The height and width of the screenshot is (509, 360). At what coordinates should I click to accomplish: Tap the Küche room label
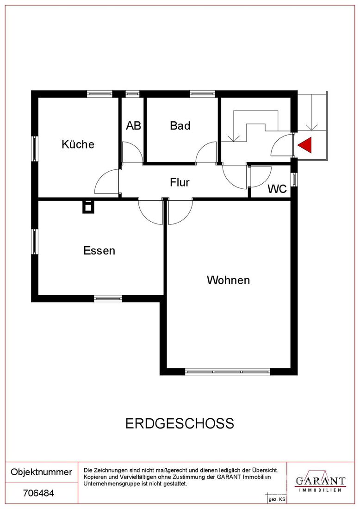pos(78,144)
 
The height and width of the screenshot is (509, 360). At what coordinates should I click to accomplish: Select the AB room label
pos(133,125)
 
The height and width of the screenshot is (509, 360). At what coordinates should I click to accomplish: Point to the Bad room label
pos(180,125)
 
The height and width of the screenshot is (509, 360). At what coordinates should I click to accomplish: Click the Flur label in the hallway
pos(180,182)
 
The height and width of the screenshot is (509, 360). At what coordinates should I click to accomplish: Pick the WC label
pos(277,189)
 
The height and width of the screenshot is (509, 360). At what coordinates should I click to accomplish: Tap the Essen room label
pos(99,251)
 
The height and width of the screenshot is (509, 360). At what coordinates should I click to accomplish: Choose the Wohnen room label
pos(229,280)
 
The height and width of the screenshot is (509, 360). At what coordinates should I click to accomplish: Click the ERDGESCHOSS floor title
pos(180,423)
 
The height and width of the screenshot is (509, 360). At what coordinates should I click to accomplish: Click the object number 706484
pos(38,493)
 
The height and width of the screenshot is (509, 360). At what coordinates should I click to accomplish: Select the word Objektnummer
pos(42,472)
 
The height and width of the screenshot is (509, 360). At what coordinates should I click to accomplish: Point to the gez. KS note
pos(277,499)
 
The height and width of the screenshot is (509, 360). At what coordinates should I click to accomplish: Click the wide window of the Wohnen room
pos(228,372)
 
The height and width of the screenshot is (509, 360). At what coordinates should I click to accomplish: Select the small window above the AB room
pos(132,94)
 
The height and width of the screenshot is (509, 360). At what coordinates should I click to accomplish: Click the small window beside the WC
pos(294,179)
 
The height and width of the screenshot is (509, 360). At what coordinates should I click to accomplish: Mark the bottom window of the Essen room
pos(108,298)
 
